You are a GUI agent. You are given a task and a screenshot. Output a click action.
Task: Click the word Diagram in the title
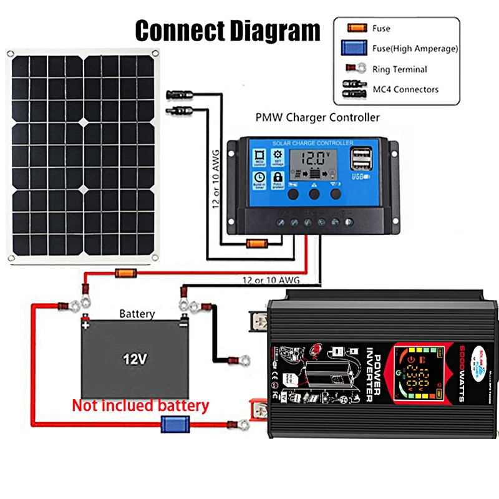coord(272,29)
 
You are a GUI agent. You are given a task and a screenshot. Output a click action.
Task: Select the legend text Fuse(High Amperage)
coord(415,48)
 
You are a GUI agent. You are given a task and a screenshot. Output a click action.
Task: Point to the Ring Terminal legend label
coord(400,69)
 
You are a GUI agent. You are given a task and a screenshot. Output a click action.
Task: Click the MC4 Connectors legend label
coord(405,89)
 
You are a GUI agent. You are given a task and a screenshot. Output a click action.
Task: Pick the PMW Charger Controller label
coord(317,117)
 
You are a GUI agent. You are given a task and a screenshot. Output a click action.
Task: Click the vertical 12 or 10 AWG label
coord(216,181)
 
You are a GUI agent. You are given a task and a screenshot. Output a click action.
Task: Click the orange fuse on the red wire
coord(122,273)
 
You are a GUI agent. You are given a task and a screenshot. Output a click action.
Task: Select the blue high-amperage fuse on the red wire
coord(171,425)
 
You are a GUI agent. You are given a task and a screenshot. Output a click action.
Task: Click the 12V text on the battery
coord(134,359)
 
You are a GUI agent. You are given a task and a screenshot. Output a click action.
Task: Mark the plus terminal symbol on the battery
coord(85,324)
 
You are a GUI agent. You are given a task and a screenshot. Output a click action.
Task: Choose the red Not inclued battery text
coord(140,405)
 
